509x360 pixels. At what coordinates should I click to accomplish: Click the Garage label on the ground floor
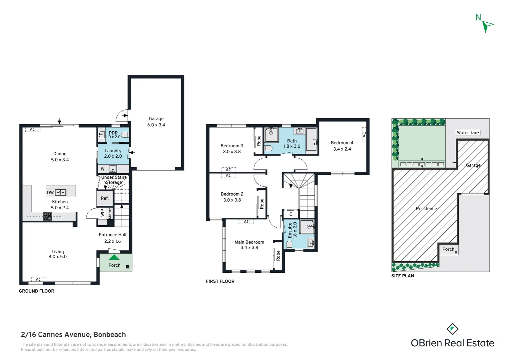coord(156,118)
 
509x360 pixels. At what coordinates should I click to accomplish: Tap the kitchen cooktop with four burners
coord(48,216)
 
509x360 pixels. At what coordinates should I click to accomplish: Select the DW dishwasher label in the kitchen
coord(50,193)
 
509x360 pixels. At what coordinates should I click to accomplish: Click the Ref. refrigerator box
coord(105,198)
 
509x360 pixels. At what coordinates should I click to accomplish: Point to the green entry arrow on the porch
coord(114,257)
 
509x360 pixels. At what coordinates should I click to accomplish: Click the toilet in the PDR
coord(125,135)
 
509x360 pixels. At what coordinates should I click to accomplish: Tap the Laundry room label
coord(113,151)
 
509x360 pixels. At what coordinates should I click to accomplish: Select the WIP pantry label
coord(103,213)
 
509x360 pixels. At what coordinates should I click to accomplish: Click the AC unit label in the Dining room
coord(33,130)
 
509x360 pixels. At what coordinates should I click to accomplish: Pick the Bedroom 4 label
coord(342,143)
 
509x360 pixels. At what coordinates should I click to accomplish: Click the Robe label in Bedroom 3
coord(259,141)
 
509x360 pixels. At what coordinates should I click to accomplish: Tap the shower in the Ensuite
coord(307,227)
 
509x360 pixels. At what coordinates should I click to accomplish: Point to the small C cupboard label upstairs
coord(290,214)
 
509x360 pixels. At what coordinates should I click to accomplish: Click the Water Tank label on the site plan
coord(468,133)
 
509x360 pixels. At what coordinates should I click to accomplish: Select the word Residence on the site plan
coord(426,209)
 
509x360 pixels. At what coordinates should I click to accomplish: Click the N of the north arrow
coord(478,17)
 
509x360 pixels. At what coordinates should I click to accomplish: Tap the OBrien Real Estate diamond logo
coord(452,329)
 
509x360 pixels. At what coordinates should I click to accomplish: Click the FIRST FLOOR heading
coord(220,281)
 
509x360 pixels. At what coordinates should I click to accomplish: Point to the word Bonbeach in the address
coord(110,335)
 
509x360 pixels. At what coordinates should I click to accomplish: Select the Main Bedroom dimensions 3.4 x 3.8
coord(249,247)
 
